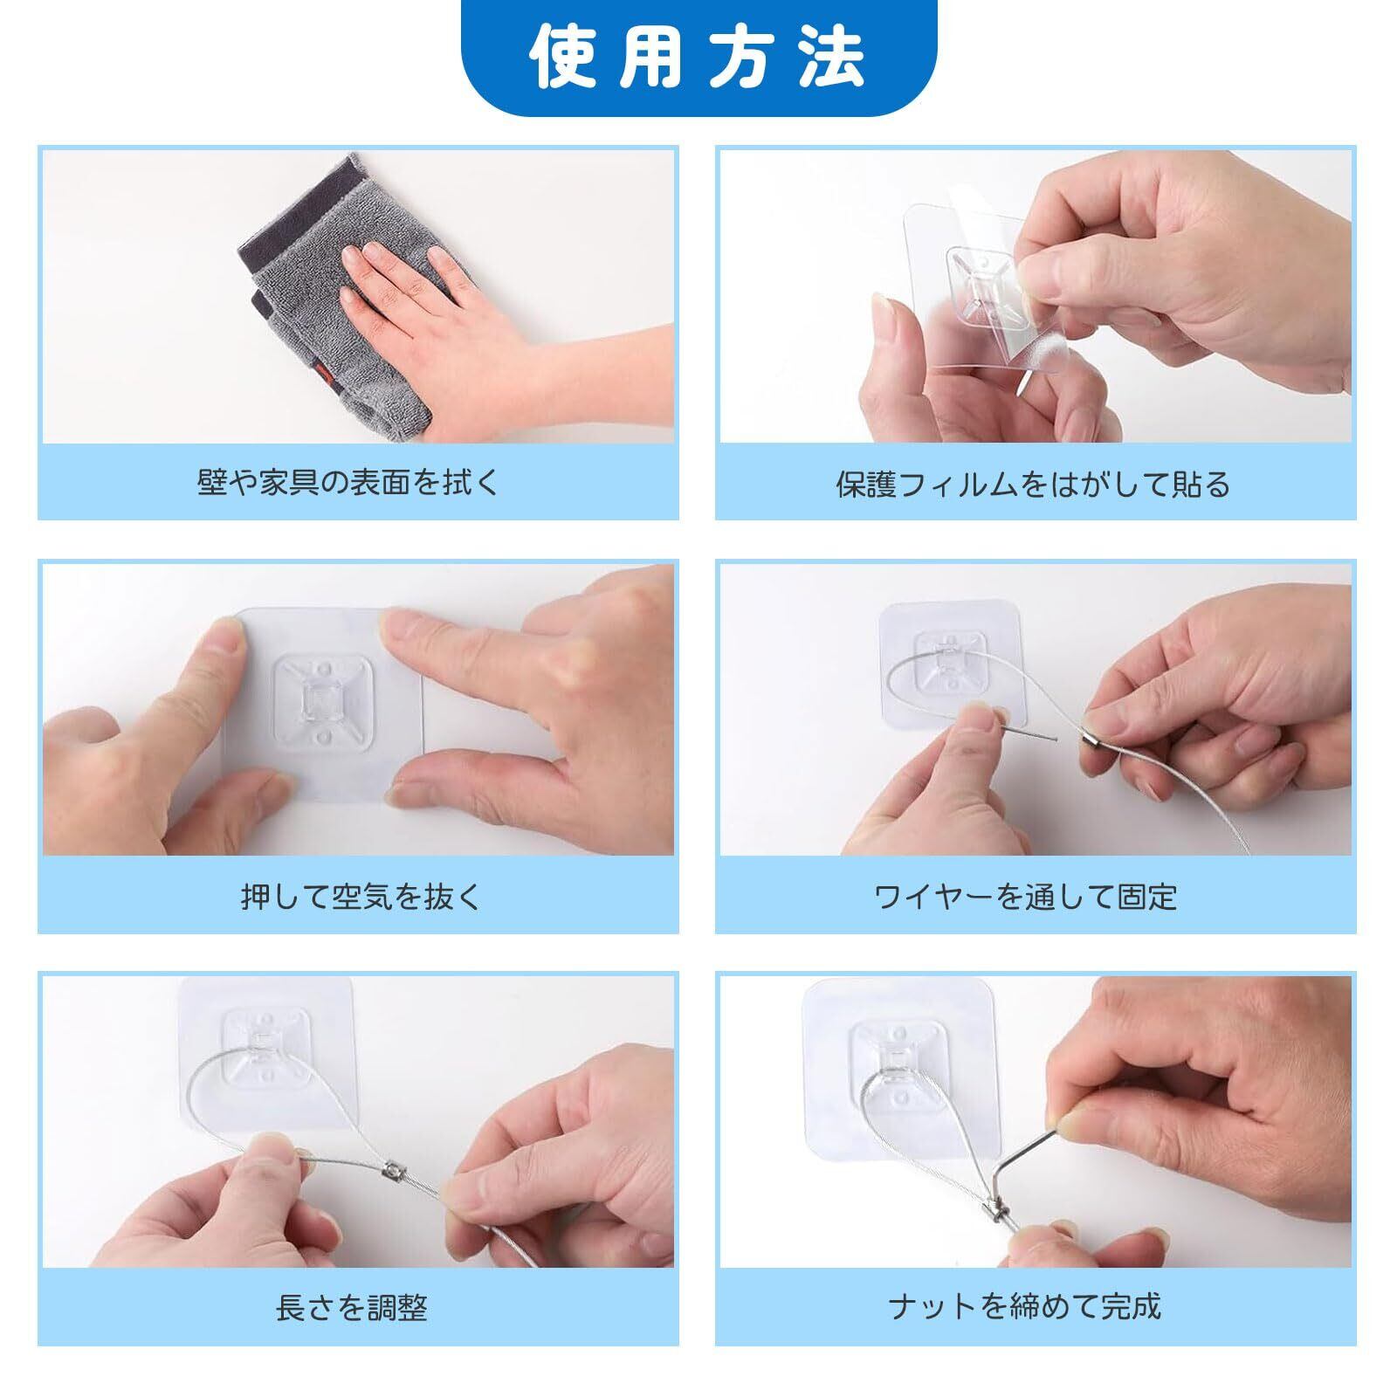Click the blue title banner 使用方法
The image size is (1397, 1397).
click(698, 58)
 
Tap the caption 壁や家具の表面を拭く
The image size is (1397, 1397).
click(348, 482)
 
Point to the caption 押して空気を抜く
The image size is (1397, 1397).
click(361, 896)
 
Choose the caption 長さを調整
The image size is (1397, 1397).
click(351, 1308)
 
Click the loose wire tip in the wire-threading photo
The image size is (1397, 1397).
click(1057, 740)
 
